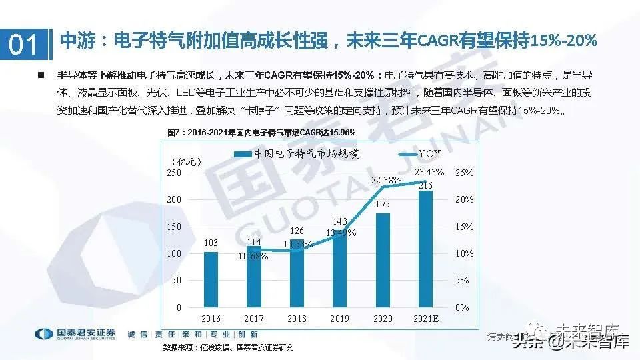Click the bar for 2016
click(x=211, y=279)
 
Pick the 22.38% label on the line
click(x=387, y=180)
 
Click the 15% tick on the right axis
click(x=464, y=227)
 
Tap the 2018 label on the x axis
click(x=297, y=319)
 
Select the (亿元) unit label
click(x=186, y=161)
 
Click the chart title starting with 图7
click(x=259, y=132)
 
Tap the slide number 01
click(x=24, y=45)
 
